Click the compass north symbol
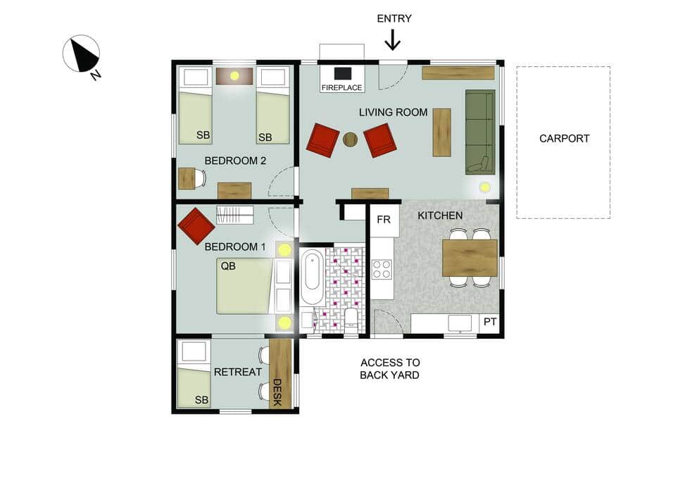[x=82, y=55]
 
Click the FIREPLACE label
[x=341, y=88]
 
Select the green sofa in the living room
[x=480, y=132]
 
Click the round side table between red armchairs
[x=350, y=139]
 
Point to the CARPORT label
[x=564, y=139]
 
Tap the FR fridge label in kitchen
[x=384, y=220]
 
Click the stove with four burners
[x=382, y=270]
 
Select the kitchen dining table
[x=470, y=258]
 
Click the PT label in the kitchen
[x=490, y=323]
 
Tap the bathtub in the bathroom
[x=312, y=278]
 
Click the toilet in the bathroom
[x=350, y=317]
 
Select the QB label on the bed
[x=228, y=266]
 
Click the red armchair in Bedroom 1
[x=196, y=225]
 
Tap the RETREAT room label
[x=237, y=372]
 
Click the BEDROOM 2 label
[x=235, y=161]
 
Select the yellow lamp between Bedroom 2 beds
[x=234, y=75]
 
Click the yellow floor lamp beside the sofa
[x=485, y=187]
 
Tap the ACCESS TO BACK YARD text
[x=389, y=369]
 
